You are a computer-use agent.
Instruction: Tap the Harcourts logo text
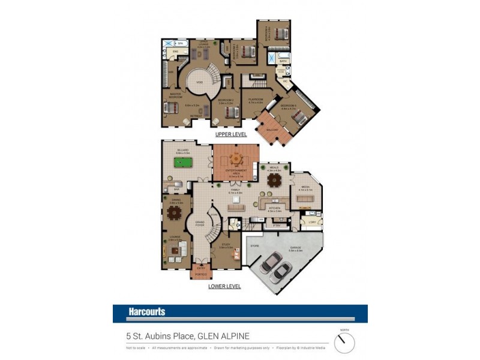(147, 312)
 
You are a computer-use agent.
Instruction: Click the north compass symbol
(344, 343)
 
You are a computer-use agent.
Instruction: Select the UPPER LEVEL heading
(231, 135)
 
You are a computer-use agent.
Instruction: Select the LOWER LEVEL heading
(224, 287)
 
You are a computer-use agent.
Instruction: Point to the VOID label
(200, 82)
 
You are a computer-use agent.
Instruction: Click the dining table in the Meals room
(274, 179)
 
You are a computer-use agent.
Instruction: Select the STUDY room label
(225, 245)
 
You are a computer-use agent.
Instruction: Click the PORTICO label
(201, 274)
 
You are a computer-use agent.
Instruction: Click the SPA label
(180, 44)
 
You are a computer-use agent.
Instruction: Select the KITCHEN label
(273, 208)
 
